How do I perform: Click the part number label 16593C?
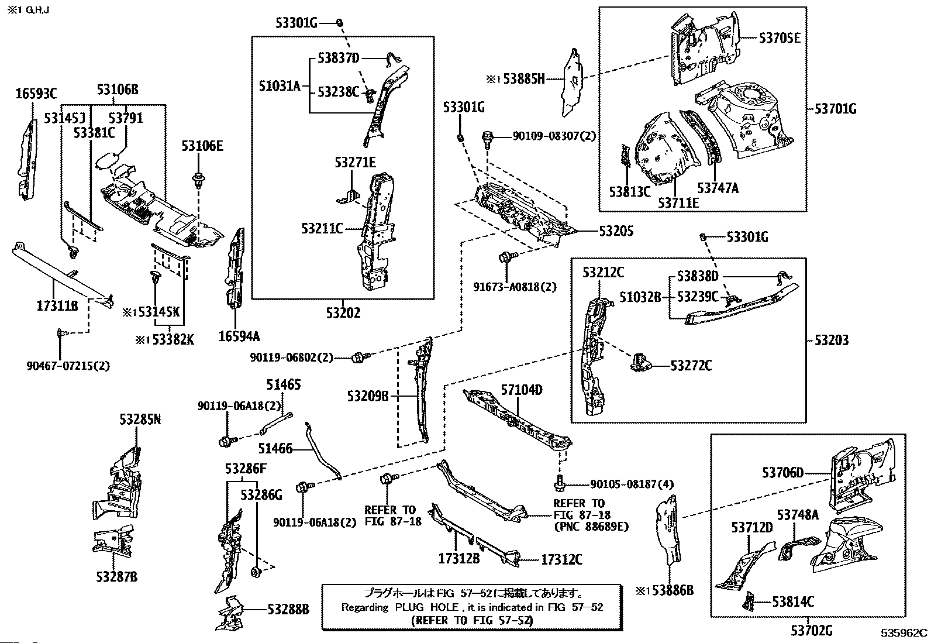[36, 92]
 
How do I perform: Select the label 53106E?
[202, 146]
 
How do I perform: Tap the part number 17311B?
[57, 304]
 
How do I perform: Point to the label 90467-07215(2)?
[68, 366]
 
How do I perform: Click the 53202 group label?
[343, 312]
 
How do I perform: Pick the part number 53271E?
[355, 163]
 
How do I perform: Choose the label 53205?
[616, 232]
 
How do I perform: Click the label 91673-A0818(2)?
[515, 287]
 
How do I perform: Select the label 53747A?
[718, 188]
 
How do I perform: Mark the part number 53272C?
[691, 366]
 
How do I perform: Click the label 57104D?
[522, 390]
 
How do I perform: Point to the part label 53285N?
[140, 420]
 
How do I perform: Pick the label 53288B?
[288, 609]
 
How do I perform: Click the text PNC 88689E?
[591, 526]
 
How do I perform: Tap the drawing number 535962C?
[905, 632]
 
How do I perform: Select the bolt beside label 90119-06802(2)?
[358, 357]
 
